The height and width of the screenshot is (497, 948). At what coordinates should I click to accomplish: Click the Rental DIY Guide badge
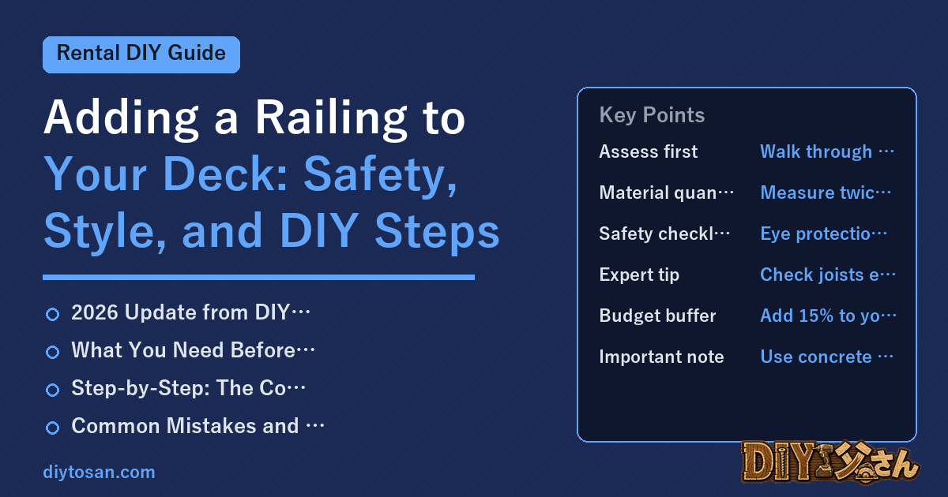tap(141, 54)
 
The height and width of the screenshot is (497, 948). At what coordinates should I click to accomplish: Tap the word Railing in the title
tap(331, 119)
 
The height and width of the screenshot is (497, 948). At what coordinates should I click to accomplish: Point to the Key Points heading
tap(652, 115)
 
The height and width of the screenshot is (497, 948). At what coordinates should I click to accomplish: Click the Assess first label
tap(649, 151)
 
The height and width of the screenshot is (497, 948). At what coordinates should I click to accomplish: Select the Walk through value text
tap(827, 151)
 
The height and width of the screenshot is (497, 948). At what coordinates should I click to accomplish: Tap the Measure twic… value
tap(826, 192)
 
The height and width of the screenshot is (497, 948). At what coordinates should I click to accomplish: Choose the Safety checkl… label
tap(664, 234)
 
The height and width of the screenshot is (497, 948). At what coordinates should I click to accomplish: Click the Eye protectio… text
tap(823, 234)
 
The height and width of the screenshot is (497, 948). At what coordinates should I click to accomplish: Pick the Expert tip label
tap(639, 275)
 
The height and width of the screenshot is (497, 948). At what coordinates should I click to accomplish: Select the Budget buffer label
tap(657, 316)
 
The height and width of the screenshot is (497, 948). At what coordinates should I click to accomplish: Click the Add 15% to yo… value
tap(828, 316)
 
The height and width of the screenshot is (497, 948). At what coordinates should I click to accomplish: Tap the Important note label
tap(661, 357)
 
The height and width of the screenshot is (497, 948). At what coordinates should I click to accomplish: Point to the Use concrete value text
tap(826, 357)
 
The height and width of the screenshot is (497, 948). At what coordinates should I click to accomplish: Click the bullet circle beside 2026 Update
tap(52, 314)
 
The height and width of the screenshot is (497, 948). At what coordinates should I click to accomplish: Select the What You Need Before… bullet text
tap(193, 350)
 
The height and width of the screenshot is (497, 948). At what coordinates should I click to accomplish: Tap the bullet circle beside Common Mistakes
tap(52, 428)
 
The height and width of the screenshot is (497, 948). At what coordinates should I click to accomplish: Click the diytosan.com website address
tap(99, 472)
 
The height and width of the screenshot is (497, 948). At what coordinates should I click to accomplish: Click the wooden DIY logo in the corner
tap(830, 462)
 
